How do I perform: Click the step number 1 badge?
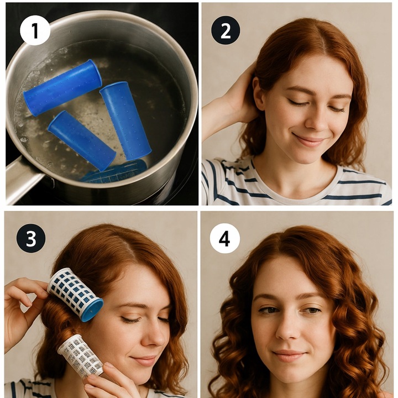coord(35,30)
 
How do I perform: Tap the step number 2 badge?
coord(226,30)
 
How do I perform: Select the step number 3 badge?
coord(31,238)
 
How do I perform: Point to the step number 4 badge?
coord(224,238)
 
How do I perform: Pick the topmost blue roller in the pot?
coord(63,87)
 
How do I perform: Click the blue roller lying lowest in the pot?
coord(82,140)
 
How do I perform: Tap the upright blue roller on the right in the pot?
coord(125,121)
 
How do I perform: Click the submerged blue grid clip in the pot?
coord(114,171)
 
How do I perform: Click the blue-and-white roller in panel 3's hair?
coord(75,295)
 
